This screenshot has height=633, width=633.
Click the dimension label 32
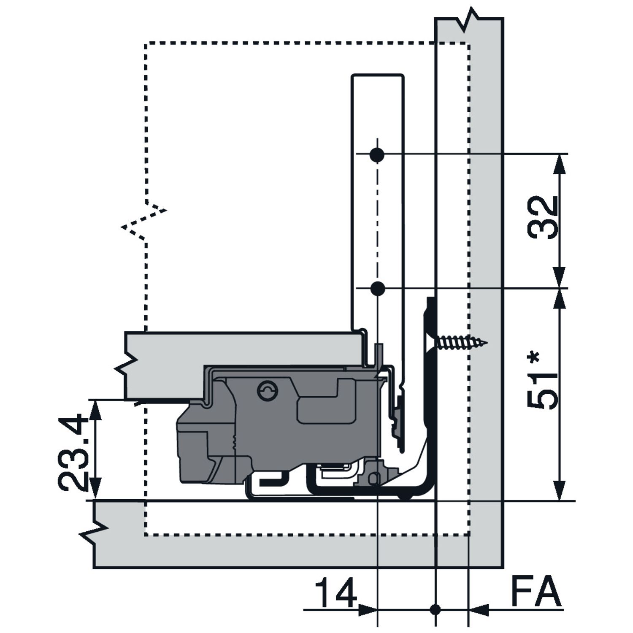544,218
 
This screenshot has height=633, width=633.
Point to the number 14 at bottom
336,593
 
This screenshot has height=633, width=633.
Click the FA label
536,593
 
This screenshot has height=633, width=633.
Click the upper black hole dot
377,155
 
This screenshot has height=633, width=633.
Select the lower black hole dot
377,289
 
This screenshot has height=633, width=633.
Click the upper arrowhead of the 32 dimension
560,162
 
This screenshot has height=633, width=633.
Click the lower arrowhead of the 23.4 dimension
96,492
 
